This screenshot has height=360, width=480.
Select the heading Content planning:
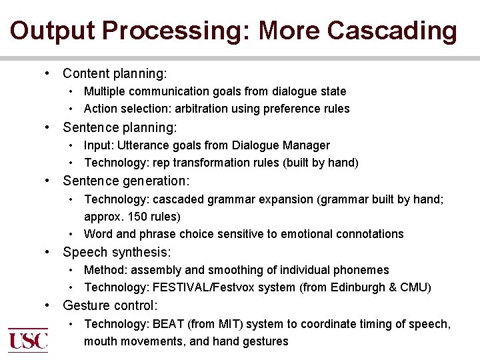coord(115,73)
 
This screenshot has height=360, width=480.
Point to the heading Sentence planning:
coord(120,127)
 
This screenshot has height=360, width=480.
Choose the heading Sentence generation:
coord(126,181)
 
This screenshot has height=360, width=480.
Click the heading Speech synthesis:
coord(117,252)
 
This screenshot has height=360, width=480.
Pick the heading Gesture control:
coord(110,305)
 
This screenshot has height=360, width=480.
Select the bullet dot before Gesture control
coord(49,305)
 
